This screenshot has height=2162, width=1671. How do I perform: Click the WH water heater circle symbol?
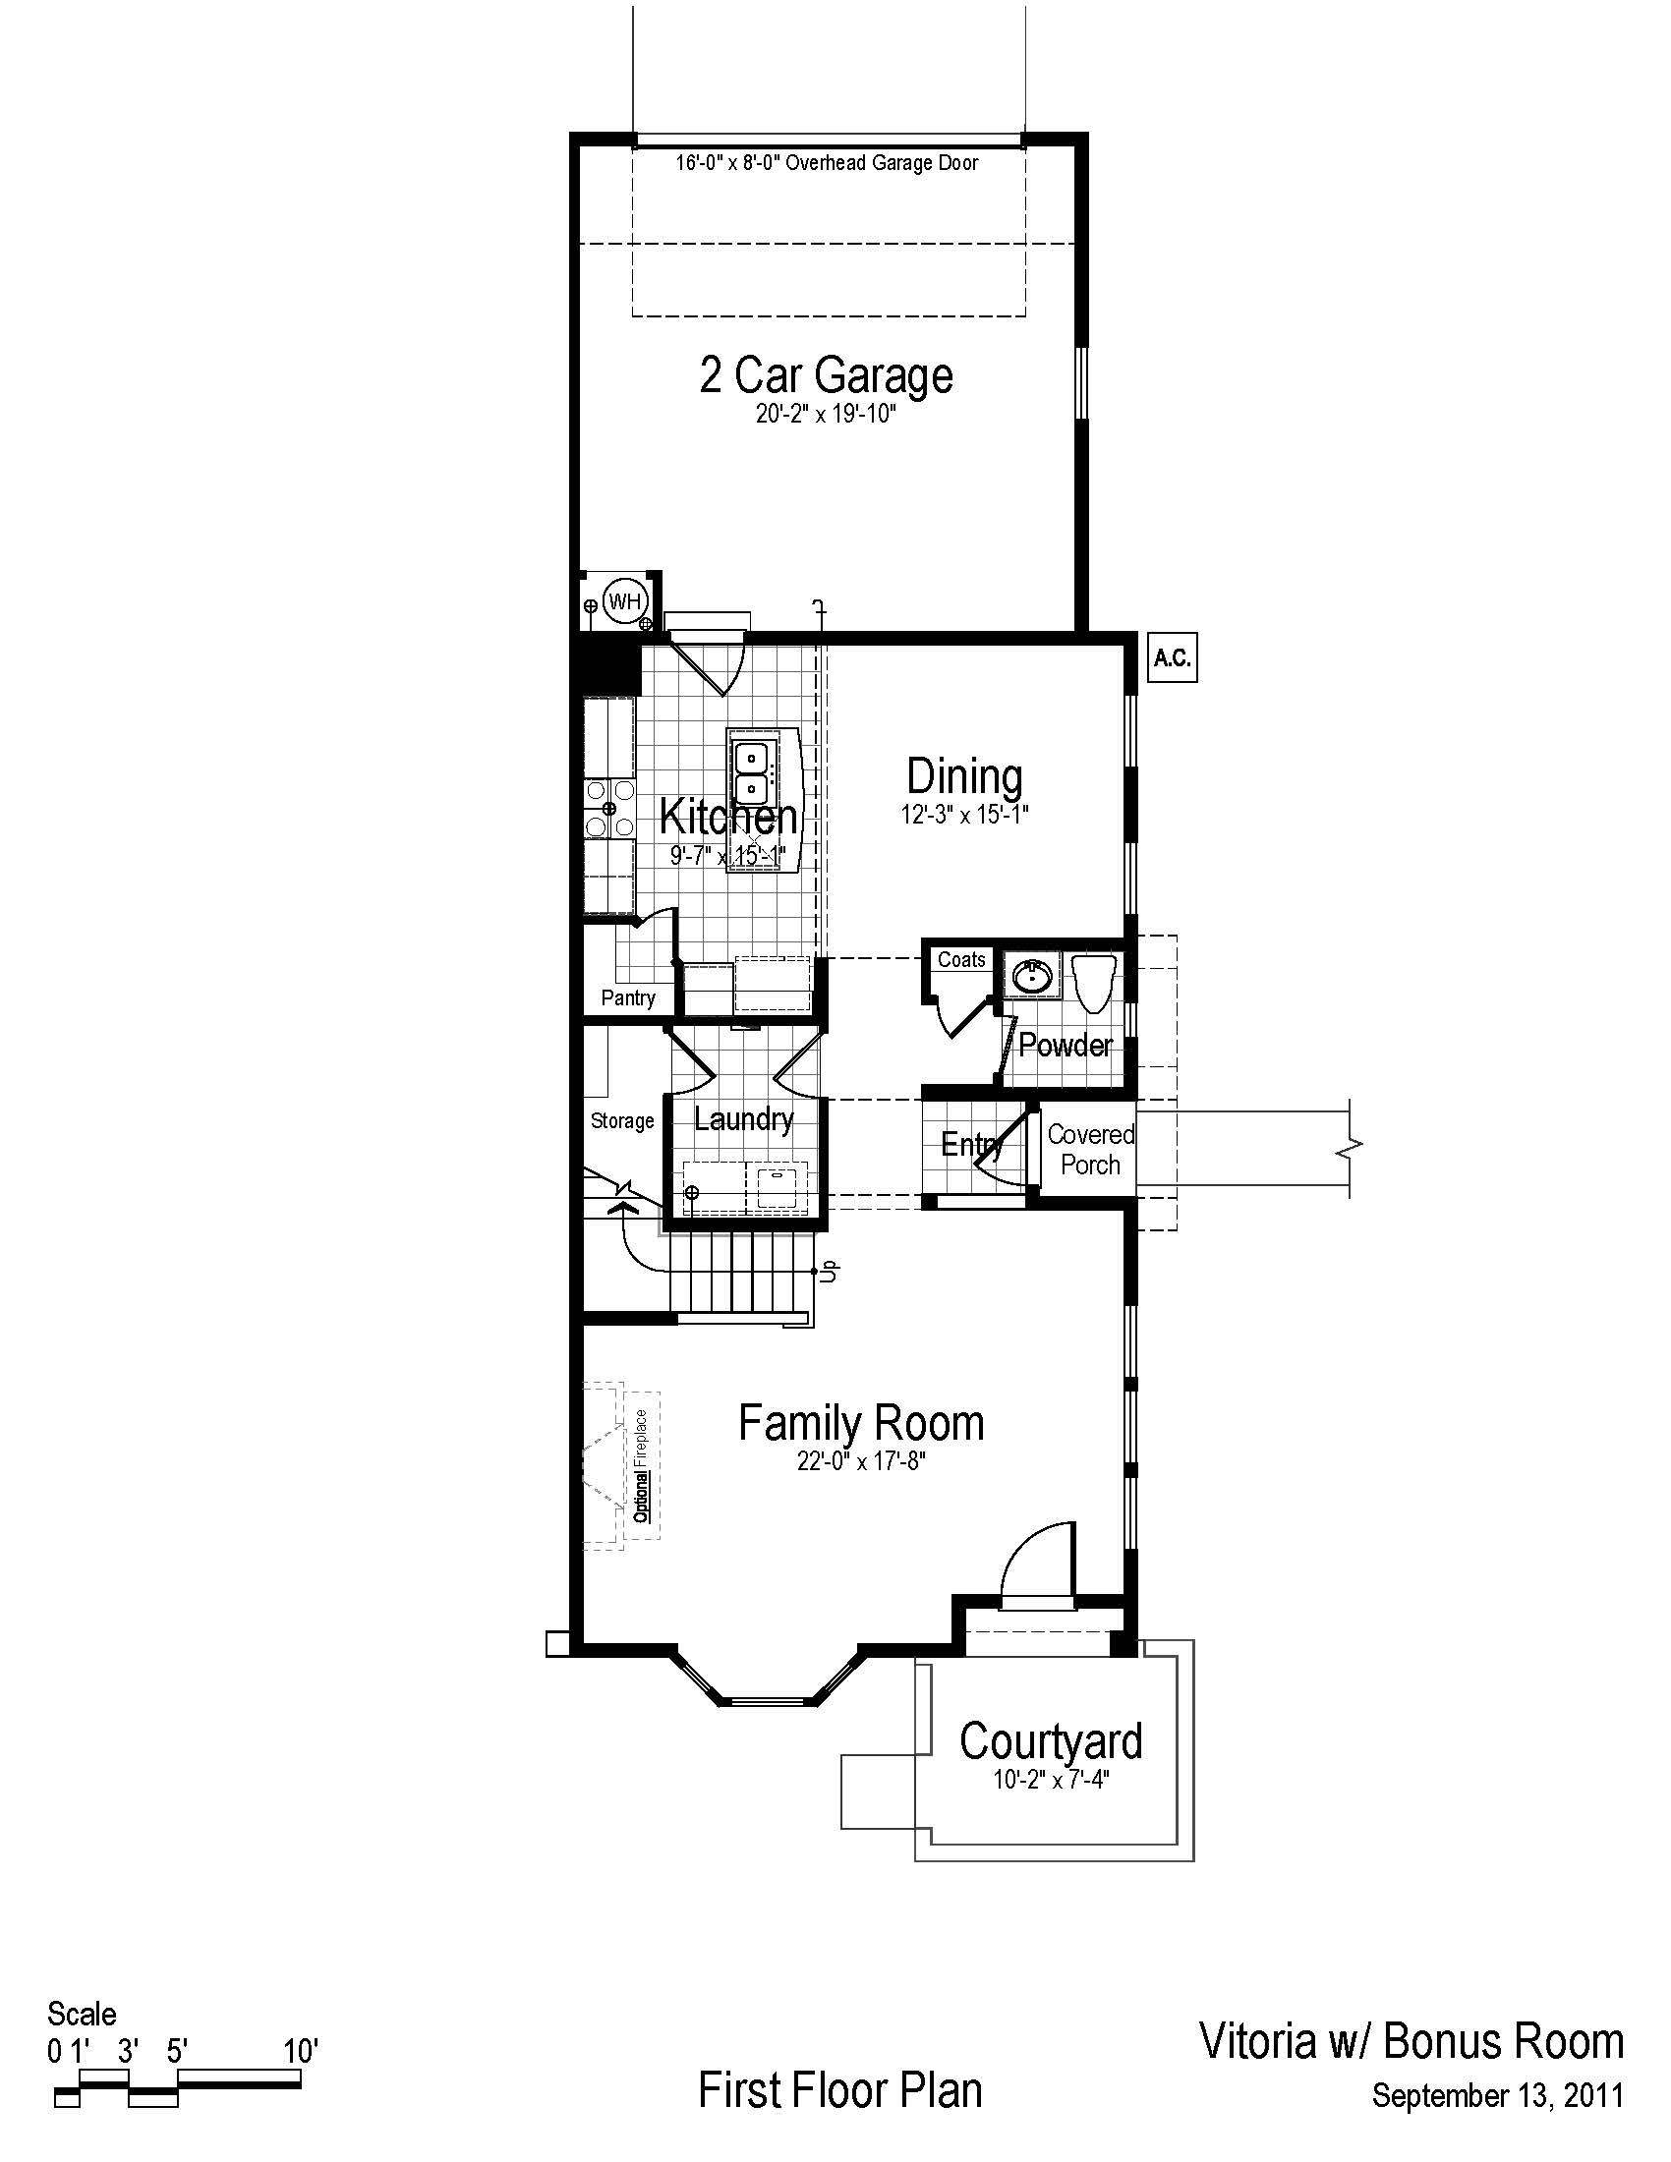(x=624, y=600)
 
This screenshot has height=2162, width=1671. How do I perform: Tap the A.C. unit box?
(x=1172, y=658)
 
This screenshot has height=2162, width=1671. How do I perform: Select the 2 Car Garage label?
(x=826, y=375)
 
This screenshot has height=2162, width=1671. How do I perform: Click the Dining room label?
(x=964, y=777)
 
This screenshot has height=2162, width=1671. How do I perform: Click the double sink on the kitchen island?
(x=752, y=775)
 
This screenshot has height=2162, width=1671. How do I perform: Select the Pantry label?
(x=628, y=997)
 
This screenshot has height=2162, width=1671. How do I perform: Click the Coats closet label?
(x=961, y=959)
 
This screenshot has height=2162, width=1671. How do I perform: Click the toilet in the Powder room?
(x=1095, y=982)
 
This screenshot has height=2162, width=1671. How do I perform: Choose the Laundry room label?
(x=743, y=1119)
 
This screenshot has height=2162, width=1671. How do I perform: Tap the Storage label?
(x=622, y=1120)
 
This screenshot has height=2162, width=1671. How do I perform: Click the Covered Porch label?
(x=1091, y=1150)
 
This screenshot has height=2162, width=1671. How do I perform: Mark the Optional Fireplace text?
(x=642, y=1466)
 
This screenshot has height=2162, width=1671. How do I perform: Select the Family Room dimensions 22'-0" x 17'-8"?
(x=861, y=1461)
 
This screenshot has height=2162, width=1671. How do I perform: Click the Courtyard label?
(x=1052, y=1741)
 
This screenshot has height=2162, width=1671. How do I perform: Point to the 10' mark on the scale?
(x=300, y=2051)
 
